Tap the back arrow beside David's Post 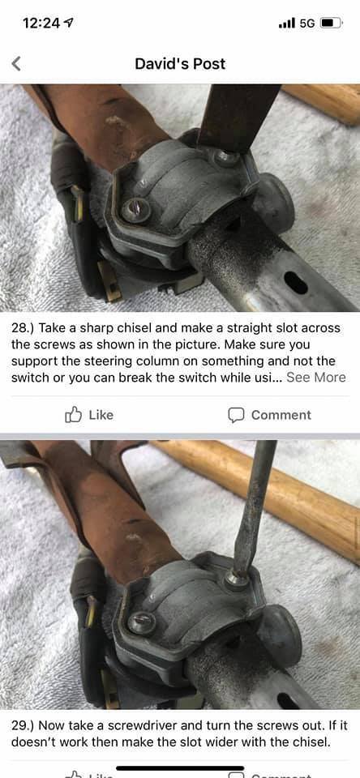[x=16, y=63]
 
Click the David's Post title [x=180, y=63]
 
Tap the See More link [x=315, y=377]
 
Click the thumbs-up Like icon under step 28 [x=73, y=415]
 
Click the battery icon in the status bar [x=331, y=23]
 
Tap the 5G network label [x=307, y=23]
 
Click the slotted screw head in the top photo [x=135, y=211]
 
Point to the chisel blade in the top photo [x=238, y=117]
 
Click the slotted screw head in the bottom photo [x=141, y=622]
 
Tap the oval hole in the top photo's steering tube [x=296, y=284]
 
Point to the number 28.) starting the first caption [x=23, y=328]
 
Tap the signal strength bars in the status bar [x=287, y=23]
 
